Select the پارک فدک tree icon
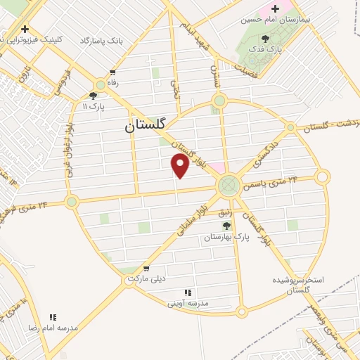265,39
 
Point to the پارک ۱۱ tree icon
93,96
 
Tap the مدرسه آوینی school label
188,304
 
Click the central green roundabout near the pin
228,186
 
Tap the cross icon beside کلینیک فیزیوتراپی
25,30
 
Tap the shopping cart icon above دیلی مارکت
146,269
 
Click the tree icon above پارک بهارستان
226,226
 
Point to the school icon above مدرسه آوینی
188,292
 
